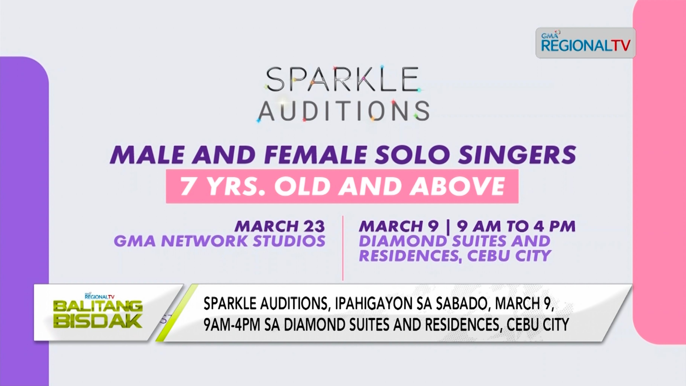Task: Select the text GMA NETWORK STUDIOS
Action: click(x=219, y=241)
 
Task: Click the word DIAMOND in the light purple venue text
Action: click(x=403, y=241)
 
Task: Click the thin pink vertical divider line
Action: click(x=343, y=248)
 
